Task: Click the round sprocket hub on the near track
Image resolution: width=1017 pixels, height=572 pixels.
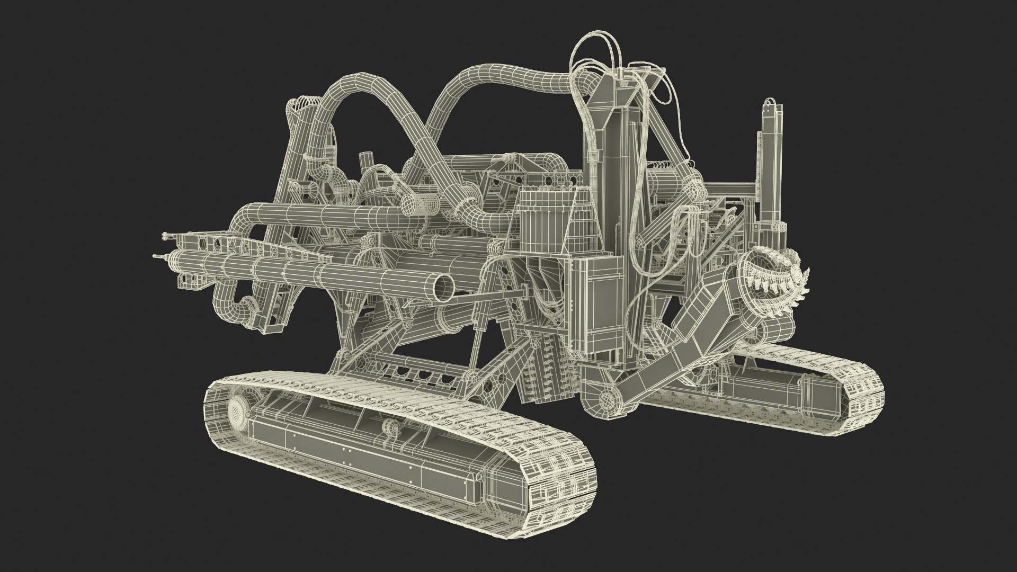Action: click(236, 409)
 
